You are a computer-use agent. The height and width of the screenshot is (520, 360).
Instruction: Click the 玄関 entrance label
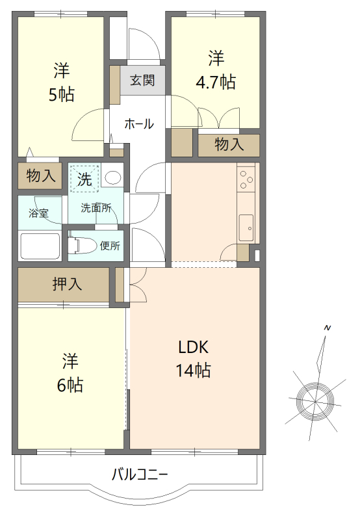(x=142, y=81)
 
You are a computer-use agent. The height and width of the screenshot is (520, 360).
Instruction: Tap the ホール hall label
(x=138, y=123)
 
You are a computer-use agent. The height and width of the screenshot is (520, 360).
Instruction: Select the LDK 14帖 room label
(x=193, y=358)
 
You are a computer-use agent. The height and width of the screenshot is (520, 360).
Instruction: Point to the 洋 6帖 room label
(x=70, y=372)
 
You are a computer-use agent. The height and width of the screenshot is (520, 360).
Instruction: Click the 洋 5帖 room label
(x=62, y=82)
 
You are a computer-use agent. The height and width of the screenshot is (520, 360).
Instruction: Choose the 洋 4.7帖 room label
(x=216, y=70)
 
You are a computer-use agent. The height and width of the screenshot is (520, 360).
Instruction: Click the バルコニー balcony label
(x=140, y=473)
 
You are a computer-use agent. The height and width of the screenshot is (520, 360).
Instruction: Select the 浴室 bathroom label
(x=38, y=213)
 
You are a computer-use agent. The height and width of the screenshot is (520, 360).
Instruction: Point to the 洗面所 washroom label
(x=96, y=208)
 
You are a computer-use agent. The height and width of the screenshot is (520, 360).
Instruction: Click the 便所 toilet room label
(x=110, y=246)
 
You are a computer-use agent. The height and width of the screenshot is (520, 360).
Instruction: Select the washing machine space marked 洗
(x=84, y=178)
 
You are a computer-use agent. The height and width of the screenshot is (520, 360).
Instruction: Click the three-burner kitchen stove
(x=246, y=178)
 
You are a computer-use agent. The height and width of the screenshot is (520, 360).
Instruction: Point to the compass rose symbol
(x=315, y=396)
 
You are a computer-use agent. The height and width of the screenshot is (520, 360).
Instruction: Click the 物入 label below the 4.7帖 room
(x=229, y=144)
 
